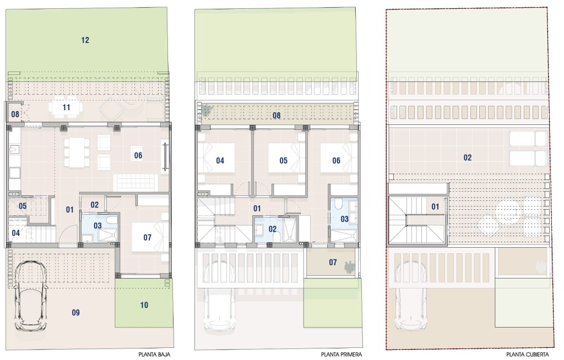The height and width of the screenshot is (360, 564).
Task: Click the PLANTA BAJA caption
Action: coord(154,354)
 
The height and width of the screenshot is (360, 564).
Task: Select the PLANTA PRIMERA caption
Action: coord(341,354)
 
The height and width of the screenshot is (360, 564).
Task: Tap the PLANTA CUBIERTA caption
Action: coord(527,354)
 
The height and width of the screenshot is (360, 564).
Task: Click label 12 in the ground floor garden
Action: coord(85,40)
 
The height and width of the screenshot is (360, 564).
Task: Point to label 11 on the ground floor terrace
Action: coord(66,107)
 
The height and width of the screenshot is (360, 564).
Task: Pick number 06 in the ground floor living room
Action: coord(138,155)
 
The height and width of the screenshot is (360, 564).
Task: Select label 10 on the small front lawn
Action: coord(144,305)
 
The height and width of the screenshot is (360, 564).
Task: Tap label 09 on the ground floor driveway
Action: coord(75,313)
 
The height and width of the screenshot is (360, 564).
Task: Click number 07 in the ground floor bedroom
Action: coord(147,237)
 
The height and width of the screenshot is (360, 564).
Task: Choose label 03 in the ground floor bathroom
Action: coord(97,226)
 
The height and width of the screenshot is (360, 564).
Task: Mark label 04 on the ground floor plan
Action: coord(15,233)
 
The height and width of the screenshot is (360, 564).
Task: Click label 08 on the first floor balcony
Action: coord(276,116)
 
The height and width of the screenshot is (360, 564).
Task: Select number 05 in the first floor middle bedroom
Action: coord(284,160)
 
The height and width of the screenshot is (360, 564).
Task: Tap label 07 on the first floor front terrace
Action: coord(333,263)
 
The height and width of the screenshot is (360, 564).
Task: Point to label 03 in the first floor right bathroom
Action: coord(344,219)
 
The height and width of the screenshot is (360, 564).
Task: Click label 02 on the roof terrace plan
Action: coord(467,157)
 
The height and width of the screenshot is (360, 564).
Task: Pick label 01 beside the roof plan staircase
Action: coord(435,207)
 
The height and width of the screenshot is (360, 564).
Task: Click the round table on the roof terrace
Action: coord(507,211)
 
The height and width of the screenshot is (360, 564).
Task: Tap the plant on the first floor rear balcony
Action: coord(206,110)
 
